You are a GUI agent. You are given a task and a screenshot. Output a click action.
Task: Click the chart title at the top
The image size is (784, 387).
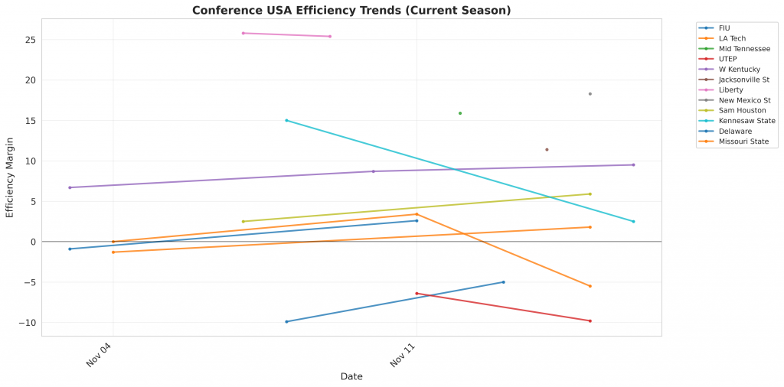(351, 10)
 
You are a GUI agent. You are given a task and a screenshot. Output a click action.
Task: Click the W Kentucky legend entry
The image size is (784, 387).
(739, 69)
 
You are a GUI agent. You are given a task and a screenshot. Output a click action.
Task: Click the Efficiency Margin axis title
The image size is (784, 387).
(10, 177)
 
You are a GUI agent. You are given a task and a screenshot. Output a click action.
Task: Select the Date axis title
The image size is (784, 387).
(351, 376)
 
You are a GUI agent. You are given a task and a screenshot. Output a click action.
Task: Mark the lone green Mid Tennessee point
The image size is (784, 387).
(460, 113)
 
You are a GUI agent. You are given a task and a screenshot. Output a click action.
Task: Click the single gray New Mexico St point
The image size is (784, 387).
(590, 94)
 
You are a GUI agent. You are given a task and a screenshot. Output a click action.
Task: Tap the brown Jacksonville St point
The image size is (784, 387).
(547, 150)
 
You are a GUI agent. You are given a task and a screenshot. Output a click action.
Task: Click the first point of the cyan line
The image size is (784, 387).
(286, 120)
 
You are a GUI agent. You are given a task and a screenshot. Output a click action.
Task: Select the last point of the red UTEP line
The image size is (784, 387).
(590, 320)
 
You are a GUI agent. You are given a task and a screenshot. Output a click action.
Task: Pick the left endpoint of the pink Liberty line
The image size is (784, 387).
(243, 33)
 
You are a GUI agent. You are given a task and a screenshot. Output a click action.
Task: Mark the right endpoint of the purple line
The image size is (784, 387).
(633, 164)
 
